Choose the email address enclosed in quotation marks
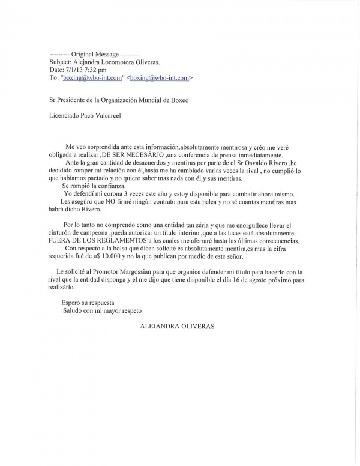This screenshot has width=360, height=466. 92,78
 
